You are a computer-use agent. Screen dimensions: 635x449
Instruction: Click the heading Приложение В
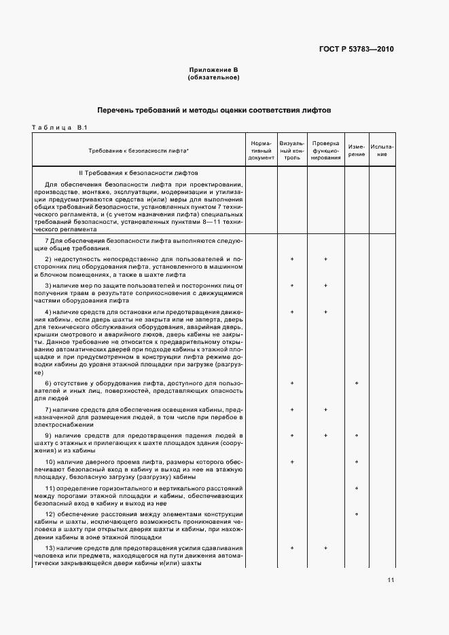[x=213, y=71]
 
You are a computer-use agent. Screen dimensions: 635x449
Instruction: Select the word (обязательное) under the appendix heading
[x=213, y=77]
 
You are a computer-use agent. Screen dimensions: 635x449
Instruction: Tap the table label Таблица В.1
[x=56, y=128]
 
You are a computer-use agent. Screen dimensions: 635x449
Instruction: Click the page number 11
[x=391, y=579]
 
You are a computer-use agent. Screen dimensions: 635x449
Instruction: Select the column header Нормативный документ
[x=261, y=151]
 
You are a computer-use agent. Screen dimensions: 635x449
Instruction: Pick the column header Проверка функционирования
[x=326, y=151]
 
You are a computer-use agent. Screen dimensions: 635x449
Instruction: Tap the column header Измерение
[x=357, y=151]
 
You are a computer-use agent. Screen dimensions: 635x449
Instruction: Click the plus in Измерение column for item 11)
[x=357, y=488]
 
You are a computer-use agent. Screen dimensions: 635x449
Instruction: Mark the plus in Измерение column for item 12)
[x=357, y=514]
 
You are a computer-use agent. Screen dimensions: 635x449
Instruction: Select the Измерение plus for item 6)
[x=357, y=383]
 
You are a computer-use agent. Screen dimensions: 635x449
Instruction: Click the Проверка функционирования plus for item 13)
[x=326, y=547]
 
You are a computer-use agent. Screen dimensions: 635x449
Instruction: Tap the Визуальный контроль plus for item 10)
[x=292, y=462]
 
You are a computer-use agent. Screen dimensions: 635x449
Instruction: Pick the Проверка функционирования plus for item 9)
[x=326, y=436]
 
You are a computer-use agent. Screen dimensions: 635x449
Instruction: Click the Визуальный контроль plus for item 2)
[x=292, y=259]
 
